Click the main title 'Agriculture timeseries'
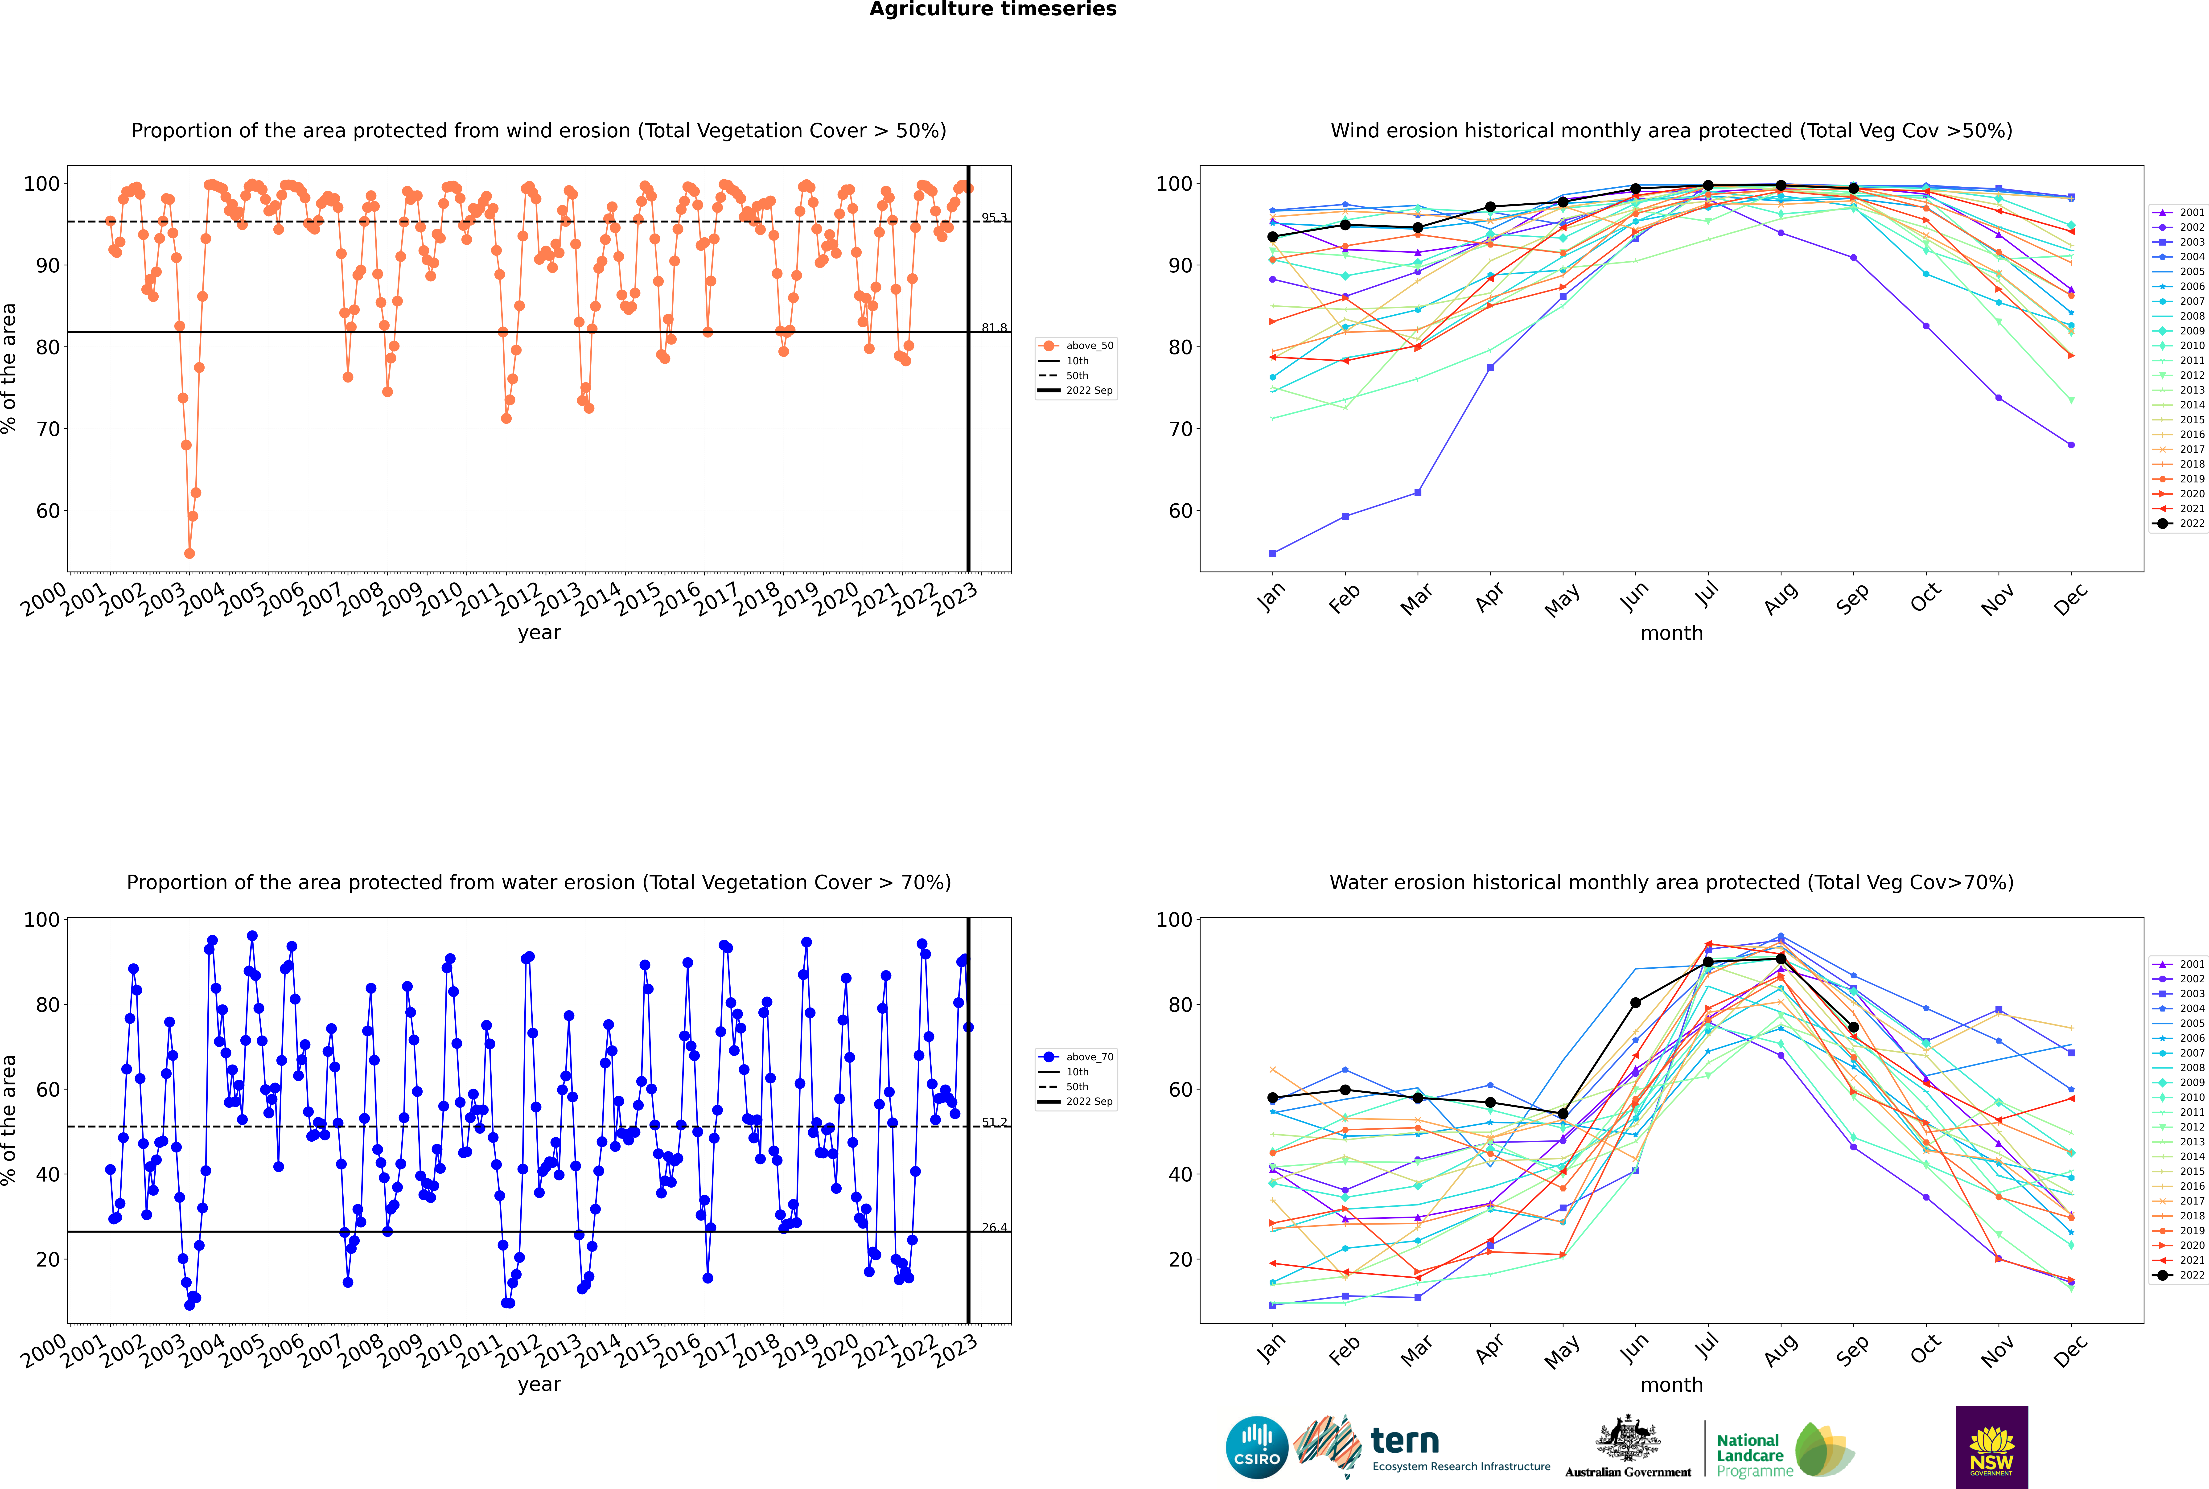(x=992, y=9)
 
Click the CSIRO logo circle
(x=1256, y=1448)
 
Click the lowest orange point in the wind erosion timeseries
(x=189, y=554)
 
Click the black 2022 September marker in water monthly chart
(x=1853, y=1028)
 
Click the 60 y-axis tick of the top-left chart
(x=47, y=511)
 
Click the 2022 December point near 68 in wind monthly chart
(x=2071, y=444)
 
